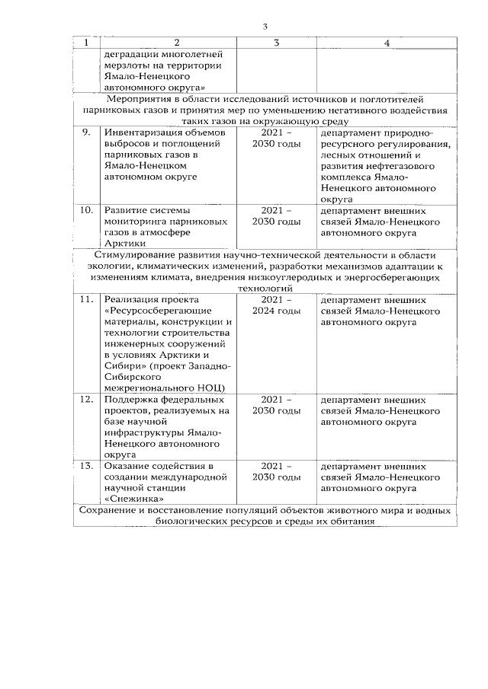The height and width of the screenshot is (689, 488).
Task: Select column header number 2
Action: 176,43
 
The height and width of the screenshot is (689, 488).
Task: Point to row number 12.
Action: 87,399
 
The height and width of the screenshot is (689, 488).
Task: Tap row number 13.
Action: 87,466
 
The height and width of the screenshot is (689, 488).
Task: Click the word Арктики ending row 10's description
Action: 120,243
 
